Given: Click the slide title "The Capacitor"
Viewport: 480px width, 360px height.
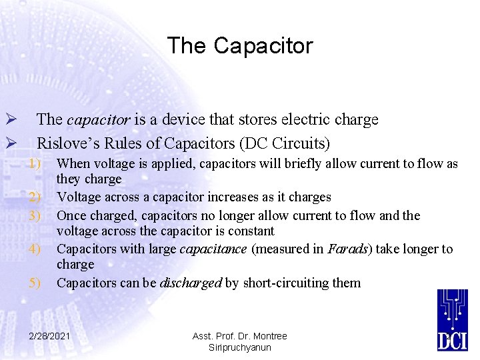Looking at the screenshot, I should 239,46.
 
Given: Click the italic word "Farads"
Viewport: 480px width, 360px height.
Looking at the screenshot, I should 348,249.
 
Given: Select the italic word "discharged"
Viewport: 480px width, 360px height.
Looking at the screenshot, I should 191,283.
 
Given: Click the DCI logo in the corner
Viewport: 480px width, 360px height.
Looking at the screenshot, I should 453,321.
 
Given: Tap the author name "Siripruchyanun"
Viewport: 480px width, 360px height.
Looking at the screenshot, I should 239,347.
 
